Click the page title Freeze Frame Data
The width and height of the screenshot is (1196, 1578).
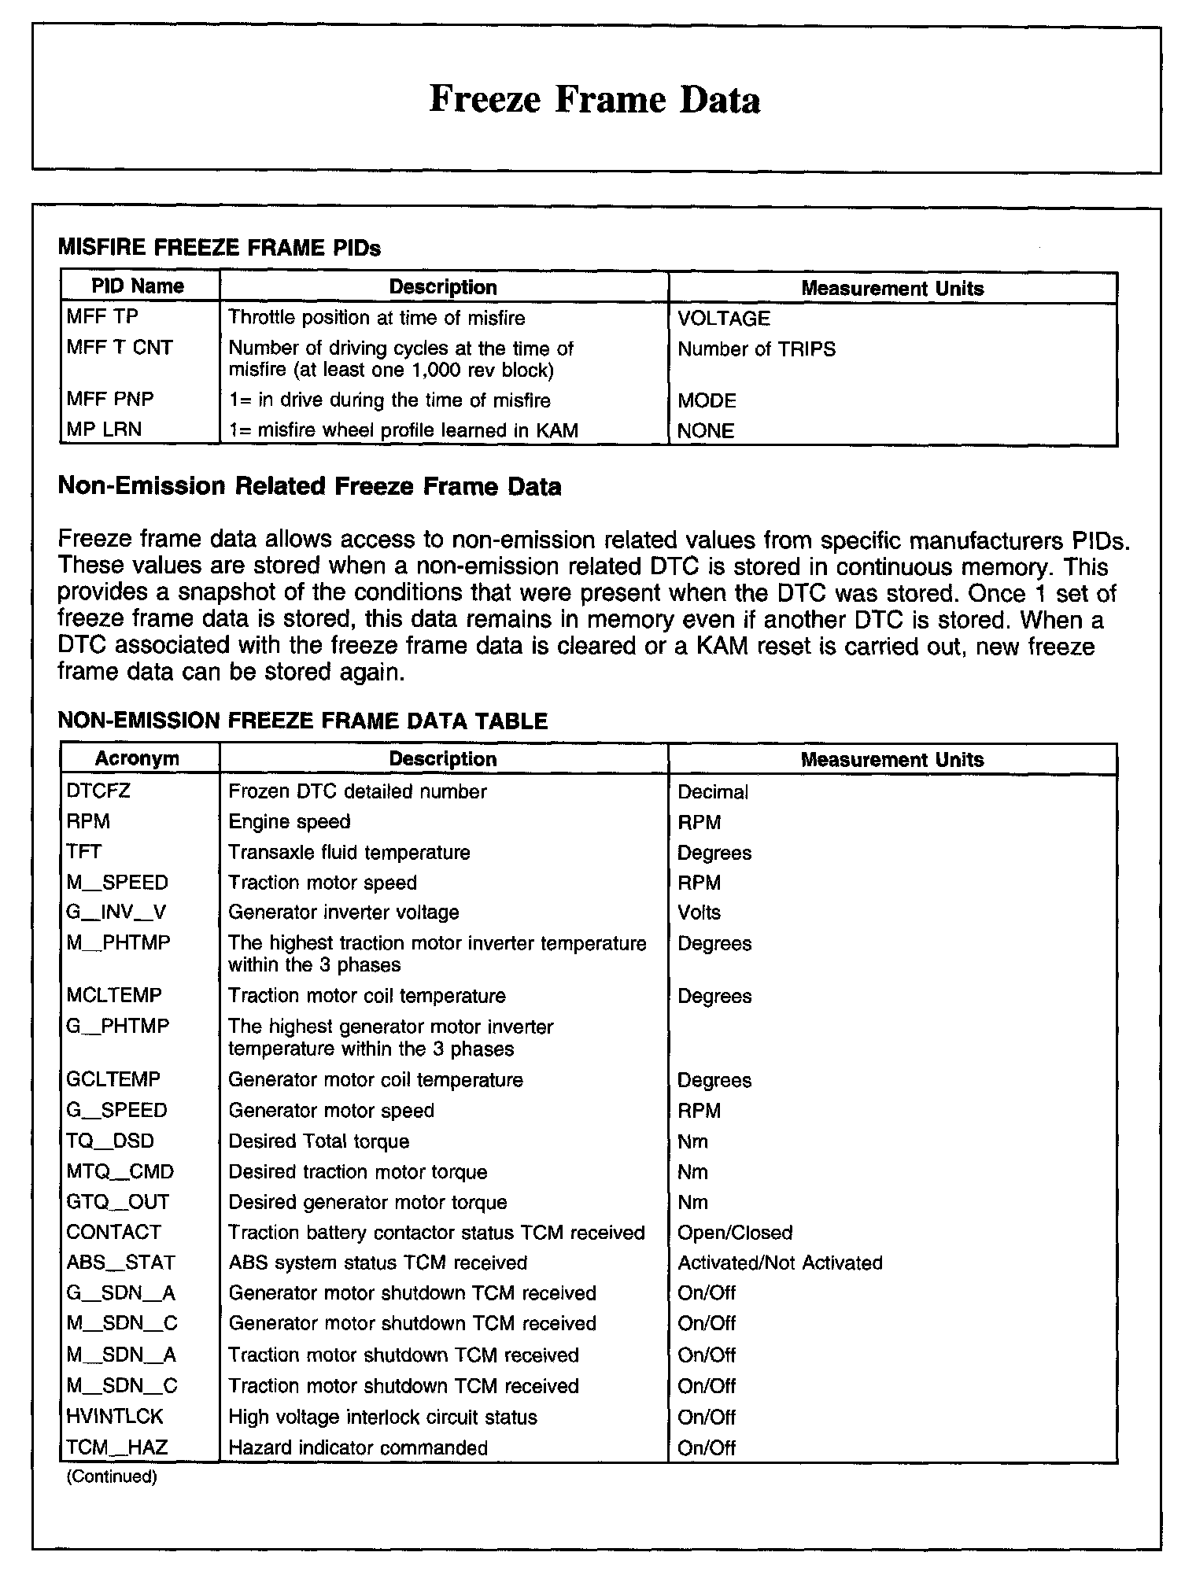(595, 100)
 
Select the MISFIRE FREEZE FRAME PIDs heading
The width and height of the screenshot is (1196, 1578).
(220, 249)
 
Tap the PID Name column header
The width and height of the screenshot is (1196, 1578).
(138, 286)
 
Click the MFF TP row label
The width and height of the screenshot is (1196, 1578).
(102, 317)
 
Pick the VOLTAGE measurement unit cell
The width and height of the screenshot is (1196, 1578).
(724, 319)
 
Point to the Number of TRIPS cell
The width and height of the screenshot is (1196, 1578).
(756, 349)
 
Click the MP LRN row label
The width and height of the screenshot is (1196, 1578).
(104, 430)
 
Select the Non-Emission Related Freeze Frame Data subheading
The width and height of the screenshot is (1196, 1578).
(309, 486)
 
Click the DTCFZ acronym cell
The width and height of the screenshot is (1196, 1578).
(98, 791)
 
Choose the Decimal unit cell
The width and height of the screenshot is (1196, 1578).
(713, 792)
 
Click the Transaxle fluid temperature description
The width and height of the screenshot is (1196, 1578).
(349, 852)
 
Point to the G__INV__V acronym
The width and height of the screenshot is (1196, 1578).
(116, 913)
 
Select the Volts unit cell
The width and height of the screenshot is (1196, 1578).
(699, 913)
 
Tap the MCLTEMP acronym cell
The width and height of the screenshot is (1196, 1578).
(114, 995)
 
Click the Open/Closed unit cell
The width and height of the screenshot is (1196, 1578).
(734, 1233)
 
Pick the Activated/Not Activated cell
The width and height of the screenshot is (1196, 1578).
(780, 1263)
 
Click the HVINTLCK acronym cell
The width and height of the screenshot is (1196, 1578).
(115, 1417)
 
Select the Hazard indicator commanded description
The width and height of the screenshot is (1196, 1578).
(358, 1447)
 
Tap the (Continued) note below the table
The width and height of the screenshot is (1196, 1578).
(112, 1477)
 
